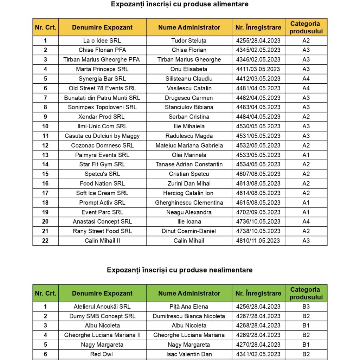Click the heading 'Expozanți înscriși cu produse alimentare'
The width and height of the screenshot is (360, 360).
coord(180,4)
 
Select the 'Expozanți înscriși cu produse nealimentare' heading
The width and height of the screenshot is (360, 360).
coord(180,270)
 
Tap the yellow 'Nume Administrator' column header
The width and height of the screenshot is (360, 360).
coord(189,27)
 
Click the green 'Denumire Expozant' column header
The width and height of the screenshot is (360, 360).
coord(102,293)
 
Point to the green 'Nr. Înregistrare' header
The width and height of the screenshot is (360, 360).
coord(258,293)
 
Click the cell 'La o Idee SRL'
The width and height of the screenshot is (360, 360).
coord(102,40)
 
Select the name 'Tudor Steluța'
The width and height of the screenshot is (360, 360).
coord(189,40)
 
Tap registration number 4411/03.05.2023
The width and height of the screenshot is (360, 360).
coord(258,69)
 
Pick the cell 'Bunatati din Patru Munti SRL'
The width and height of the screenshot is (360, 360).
coord(102,98)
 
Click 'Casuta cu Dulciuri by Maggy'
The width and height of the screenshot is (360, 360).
coord(102,136)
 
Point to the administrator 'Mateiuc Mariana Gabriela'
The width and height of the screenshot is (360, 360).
coord(189,145)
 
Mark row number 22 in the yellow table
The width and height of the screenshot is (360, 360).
coord(45,240)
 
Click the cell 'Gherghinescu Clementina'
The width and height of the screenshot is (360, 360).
coord(189,202)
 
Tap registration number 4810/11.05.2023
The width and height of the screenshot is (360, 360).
coord(258,240)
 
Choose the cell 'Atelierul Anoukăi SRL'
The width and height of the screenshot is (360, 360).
coord(102,307)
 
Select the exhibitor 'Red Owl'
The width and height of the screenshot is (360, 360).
coord(102,354)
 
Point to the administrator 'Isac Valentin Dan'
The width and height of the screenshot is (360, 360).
coord(189,354)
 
